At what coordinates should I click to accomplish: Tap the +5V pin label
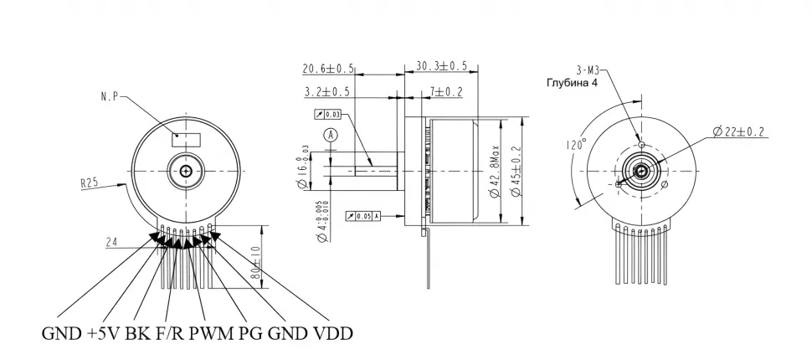pos(102,334)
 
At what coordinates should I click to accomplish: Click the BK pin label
pos(140,334)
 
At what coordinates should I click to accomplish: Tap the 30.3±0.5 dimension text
pos(440,66)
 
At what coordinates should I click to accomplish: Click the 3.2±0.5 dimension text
pos(327,90)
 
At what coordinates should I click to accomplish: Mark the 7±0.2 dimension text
pos(447,90)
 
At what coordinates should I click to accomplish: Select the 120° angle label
pos(575,144)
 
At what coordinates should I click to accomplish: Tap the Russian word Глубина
pos(567,84)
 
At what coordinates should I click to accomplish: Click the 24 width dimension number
pos(111,243)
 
